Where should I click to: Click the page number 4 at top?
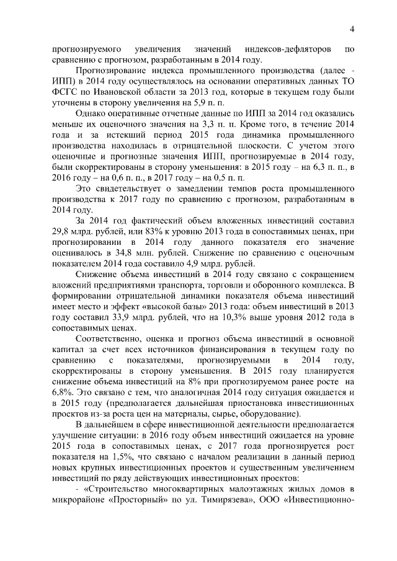[x=351, y=29]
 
